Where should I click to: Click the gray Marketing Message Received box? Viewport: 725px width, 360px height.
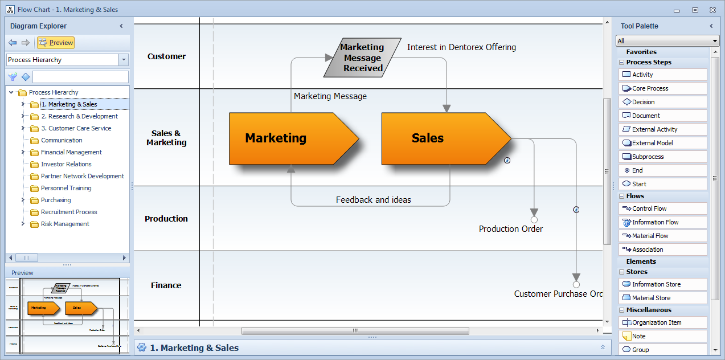click(362, 58)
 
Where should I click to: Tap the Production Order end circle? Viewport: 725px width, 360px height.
click(534, 219)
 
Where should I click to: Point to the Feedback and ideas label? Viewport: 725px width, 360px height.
click(373, 200)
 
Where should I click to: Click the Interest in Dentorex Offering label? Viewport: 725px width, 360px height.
click(461, 47)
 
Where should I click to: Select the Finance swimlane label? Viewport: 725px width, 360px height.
click(166, 285)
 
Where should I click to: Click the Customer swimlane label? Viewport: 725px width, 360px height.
click(166, 56)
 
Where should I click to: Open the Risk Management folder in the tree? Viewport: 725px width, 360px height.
click(65, 224)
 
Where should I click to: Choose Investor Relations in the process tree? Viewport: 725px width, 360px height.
click(66, 164)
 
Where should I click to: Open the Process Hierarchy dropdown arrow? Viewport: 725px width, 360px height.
click(124, 60)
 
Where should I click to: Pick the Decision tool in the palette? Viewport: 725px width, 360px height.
click(643, 102)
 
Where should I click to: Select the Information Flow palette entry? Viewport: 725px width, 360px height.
click(655, 222)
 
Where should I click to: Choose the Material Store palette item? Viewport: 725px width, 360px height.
click(651, 298)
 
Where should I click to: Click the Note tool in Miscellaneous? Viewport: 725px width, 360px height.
click(638, 336)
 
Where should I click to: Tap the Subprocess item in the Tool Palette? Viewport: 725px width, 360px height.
click(648, 157)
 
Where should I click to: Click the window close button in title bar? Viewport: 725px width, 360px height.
click(711, 10)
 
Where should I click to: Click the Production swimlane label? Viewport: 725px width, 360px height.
click(166, 219)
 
